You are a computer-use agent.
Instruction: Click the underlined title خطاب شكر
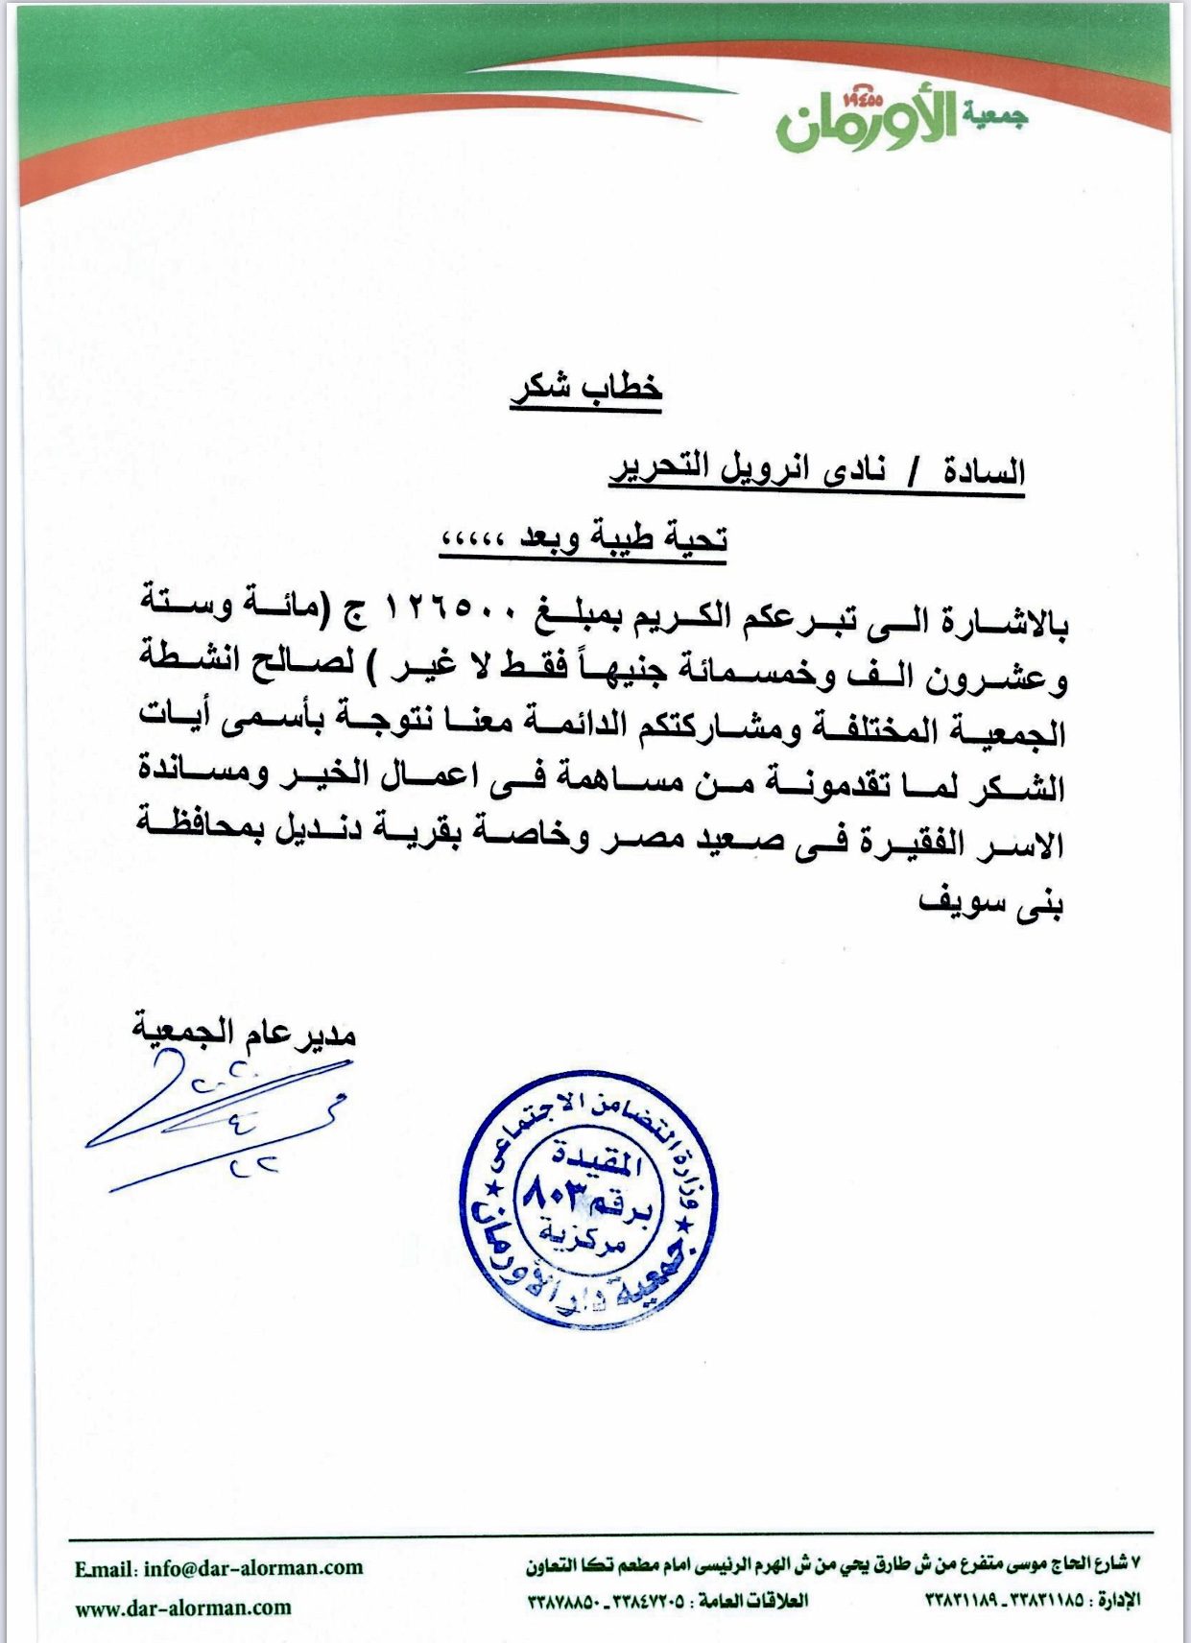pyautogui.click(x=585, y=389)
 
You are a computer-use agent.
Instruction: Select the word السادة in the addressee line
pyautogui.click(x=984, y=471)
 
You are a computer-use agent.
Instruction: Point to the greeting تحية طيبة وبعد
pyautogui.click(x=624, y=538)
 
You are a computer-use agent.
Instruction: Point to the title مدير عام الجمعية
pyautogui.click(x=244, y=1033)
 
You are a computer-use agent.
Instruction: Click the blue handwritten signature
pyautogui.click(x=221, y=1123)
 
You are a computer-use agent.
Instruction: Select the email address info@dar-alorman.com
pyautogui.click(x=253, y=1568)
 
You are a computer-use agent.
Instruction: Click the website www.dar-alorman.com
pyautogui.click(x=183, y=1607)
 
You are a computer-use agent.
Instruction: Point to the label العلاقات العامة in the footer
pyautogui.click(x=753, y=1600)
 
